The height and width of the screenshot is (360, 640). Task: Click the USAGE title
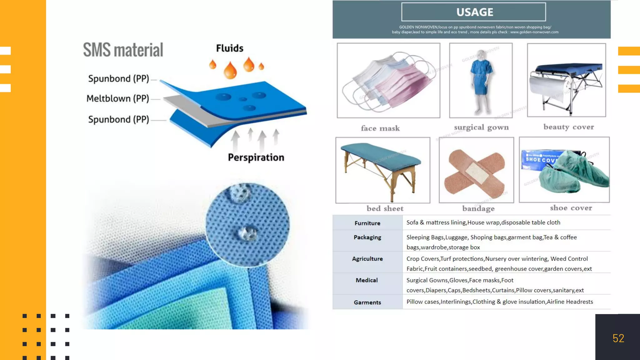[x=474, y=12]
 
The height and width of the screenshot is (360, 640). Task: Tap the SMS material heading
[x=123, y=50]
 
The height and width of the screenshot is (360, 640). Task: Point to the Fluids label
[x=230, y=48]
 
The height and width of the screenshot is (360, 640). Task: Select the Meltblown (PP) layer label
[x=118, y=99]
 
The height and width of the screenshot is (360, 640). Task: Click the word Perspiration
[x=256, y=157]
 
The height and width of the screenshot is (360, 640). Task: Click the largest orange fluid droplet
[x=230, y=70]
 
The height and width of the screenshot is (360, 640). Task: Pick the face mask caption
[x=380, y=128]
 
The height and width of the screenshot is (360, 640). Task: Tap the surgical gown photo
[x=481, y=81]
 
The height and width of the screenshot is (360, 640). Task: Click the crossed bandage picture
[x=476, y=170]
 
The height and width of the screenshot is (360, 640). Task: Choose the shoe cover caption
[x=571, y=208]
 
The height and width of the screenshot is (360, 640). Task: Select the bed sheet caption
[x=385, y=209]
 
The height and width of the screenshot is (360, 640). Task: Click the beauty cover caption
[x=568, y=127]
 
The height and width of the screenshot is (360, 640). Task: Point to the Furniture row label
[x=367, y=223]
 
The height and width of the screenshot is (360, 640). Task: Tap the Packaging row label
[x=367, y=237]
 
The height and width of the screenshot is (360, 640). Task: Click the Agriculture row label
[x=367, y=259]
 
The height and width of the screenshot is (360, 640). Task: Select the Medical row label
[x=367, y=280]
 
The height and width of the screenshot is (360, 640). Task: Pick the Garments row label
[x=367, y=302]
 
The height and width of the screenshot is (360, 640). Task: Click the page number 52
[x=618, y=338]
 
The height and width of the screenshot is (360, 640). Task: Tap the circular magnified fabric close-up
[x=247, y=225]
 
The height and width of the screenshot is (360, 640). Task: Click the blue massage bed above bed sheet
[x=382, y=170]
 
